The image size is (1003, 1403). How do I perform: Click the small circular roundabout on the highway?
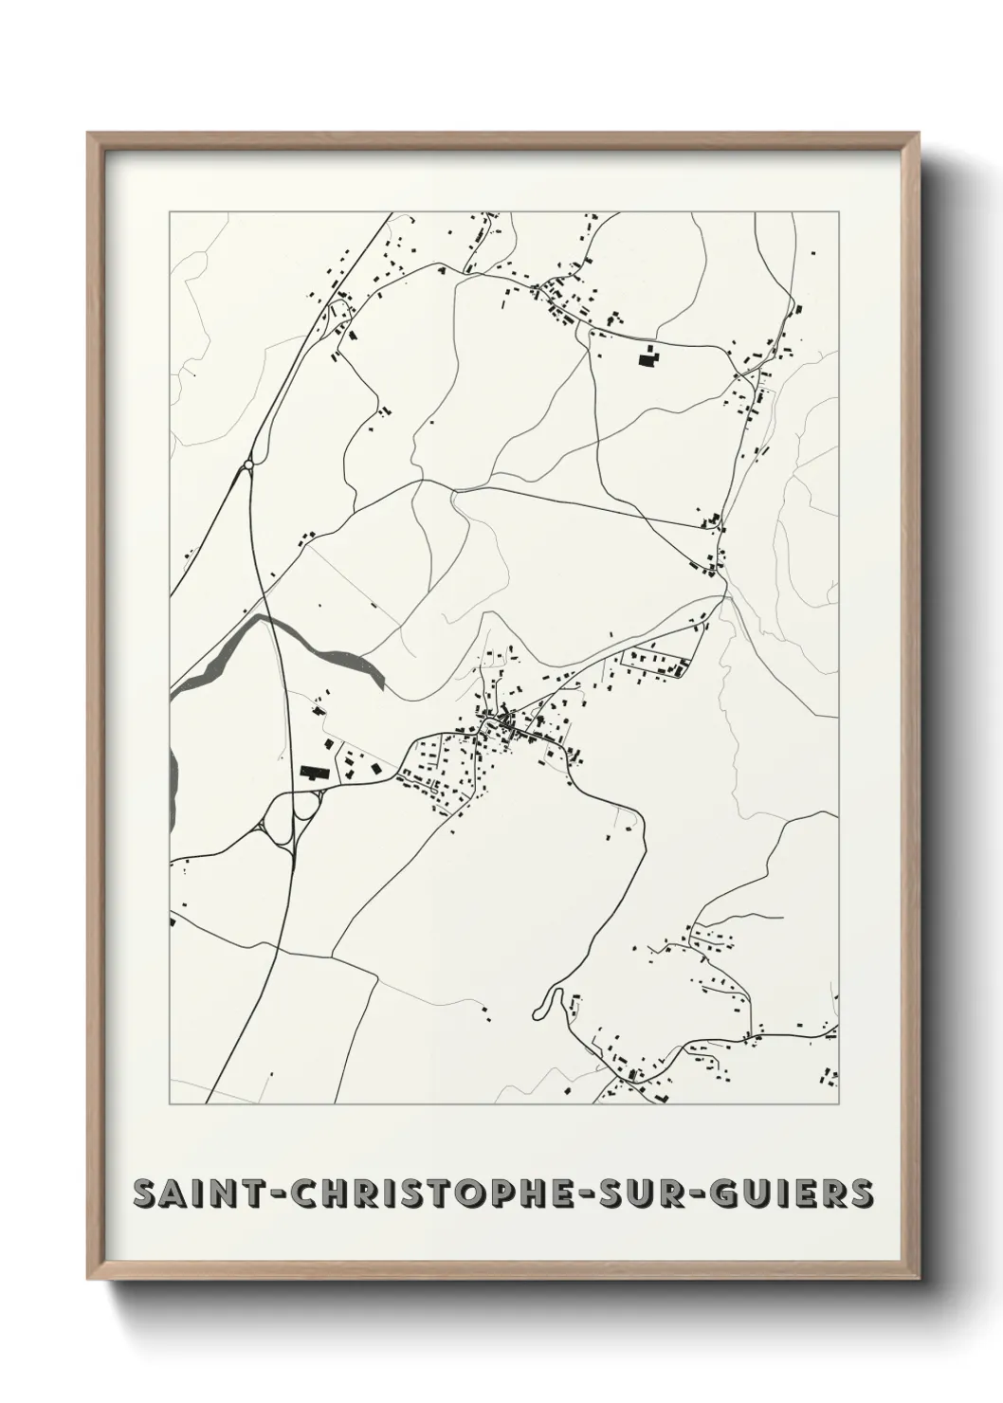click(248, 465)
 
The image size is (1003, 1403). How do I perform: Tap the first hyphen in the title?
click(276, 1194)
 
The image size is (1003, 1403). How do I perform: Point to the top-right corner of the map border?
click(839, 212)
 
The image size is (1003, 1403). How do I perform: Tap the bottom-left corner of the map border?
click(170, 1104)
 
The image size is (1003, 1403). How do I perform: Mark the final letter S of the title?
click(861, 1193)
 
